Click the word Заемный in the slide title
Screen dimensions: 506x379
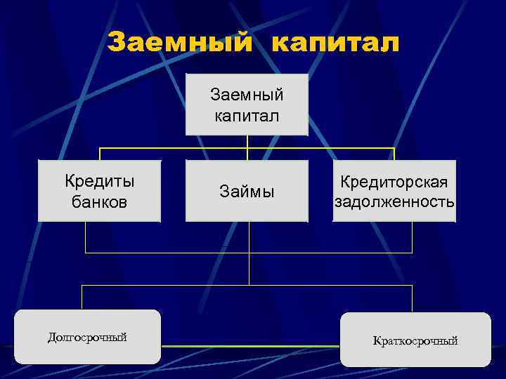point(181,44)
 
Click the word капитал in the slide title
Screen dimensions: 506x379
point(335,44)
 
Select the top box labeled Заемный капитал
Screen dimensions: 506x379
point(247,104)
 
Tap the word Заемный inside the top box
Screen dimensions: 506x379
point(247,93)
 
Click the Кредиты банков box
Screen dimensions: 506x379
point(99,191)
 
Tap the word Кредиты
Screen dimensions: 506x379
point(99,181)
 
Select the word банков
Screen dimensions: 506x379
point(99,202)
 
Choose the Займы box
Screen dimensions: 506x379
point(247,191)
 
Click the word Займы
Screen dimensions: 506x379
point(247,192)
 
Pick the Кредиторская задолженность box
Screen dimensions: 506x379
point(394,191)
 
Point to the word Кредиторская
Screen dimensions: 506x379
point(394,182)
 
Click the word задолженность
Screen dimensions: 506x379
point(394,202)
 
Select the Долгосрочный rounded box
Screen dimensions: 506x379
point(87,337)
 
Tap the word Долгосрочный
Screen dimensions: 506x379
point(87,338)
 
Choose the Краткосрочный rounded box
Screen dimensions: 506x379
point(415,340)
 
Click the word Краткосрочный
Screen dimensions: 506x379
point(415,341)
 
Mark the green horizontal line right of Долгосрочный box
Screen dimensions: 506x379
point(249,347)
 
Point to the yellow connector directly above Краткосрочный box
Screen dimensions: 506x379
point(412,298)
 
